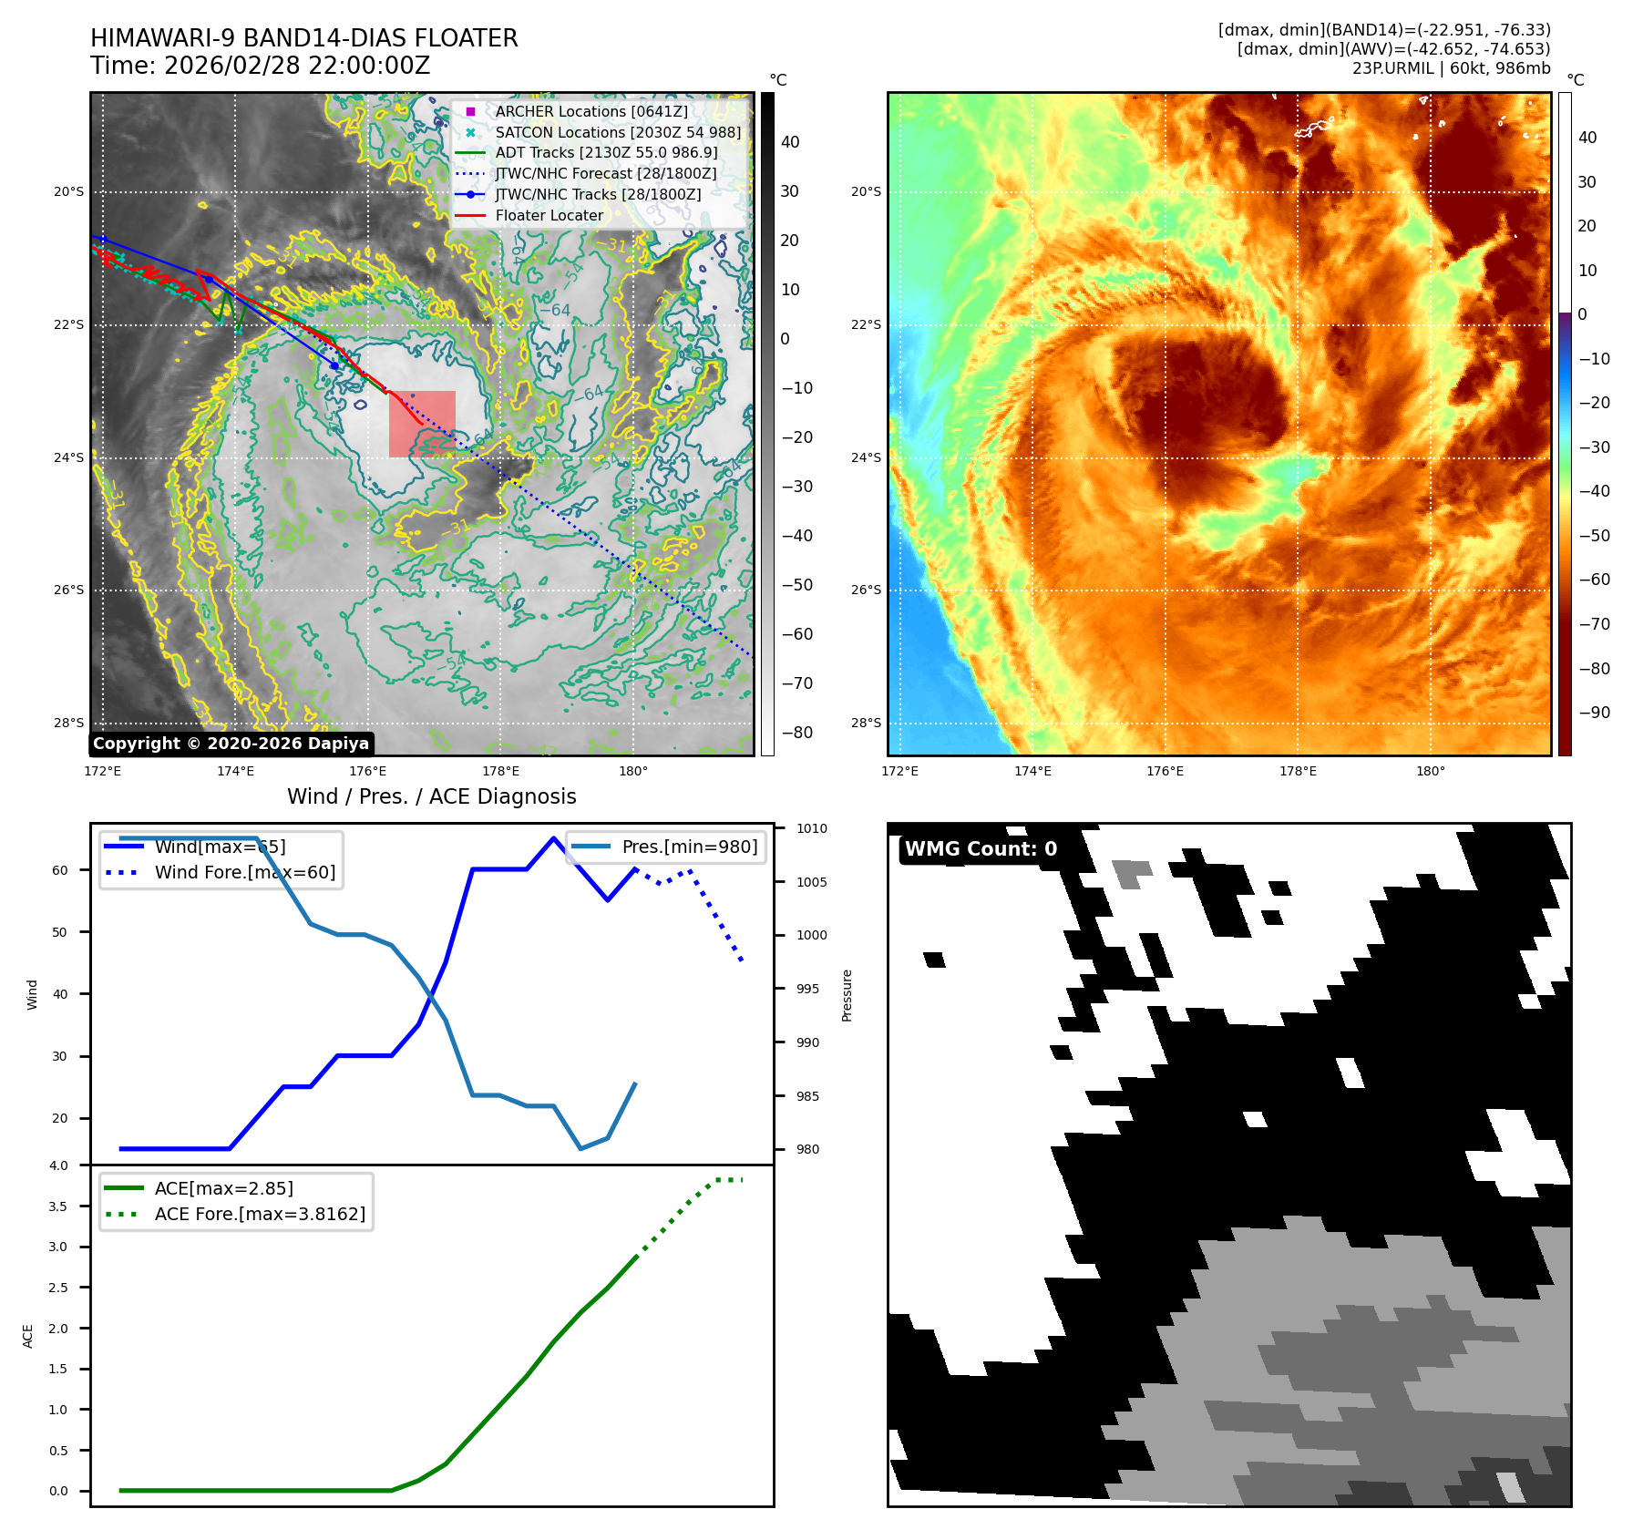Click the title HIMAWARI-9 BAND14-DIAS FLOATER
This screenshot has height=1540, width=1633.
click(x=303, y=38)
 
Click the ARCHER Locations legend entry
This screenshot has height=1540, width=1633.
click(x=591, y=111)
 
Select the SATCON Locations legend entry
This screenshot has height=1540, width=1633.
click(x=617, y=132)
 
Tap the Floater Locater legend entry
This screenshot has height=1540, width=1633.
click(x=549, y=215)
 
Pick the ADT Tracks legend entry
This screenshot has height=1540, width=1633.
click(x=606, y=152)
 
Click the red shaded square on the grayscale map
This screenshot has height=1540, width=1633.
click(x=422, y=424)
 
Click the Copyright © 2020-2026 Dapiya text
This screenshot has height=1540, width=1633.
click(x=231, y=744)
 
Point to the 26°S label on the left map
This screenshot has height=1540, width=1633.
click(x=68, y=590)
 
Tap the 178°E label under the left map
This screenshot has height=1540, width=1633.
click(x=500, y=771)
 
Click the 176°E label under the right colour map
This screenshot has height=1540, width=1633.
click(x=1165, y=771)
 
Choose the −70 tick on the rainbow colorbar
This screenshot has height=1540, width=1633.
click(x=1594, y=624)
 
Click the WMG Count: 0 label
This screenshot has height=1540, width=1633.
click(x=981, y=849)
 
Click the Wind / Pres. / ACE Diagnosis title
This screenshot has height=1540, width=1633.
click(x=431, y=796)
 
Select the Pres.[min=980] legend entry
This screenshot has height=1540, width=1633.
click(x=689, y=847)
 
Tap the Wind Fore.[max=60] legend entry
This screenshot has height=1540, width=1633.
click(x=244, y=872)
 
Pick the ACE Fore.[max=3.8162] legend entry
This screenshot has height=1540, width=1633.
click(x=260, y=1214)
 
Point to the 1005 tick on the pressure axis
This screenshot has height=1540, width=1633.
click(x=811, y=882)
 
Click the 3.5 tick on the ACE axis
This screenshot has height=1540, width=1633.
click(x=58, y=1206)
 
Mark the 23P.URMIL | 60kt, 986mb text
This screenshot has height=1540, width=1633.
click(x=1451, y=68)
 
